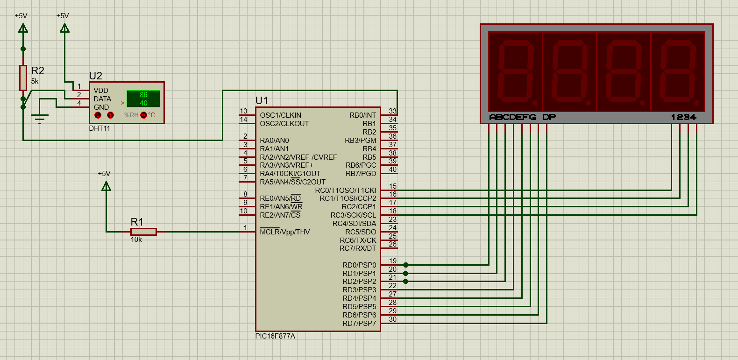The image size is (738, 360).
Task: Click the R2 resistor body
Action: click(x=23, y=78)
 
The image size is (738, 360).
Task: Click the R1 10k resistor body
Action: click(x=143, y=232)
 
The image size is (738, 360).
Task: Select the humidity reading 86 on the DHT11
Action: click(x=143, y=95)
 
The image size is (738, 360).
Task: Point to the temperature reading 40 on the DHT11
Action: click(x=143, y=103)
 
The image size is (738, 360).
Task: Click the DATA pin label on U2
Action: click(x=102, y=99)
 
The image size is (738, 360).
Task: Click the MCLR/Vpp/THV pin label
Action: click(x=284, y=232)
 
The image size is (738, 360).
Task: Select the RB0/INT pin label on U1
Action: click(x=362, y=115)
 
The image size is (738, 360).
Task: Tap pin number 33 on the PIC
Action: click(x=392, y=111)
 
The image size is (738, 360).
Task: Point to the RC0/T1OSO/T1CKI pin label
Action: click(x=345, y=191)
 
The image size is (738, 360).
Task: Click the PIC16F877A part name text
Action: click(x=275, y=336)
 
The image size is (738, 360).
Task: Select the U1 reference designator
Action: click(x=262, y=101)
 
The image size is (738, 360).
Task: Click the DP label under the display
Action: click(x=549, y=117)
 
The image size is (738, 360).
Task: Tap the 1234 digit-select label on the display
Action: click(x=683, y=117)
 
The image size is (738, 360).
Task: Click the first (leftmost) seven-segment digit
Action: click(x=516, y=71)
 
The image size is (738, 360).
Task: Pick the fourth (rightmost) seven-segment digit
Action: click(x=678, y=71)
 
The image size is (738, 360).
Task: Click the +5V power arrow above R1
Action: click(x=106, y=186)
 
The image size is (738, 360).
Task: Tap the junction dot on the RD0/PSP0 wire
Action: click(x=405, y=265)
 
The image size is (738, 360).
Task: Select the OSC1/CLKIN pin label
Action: click(x=280, y=115)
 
